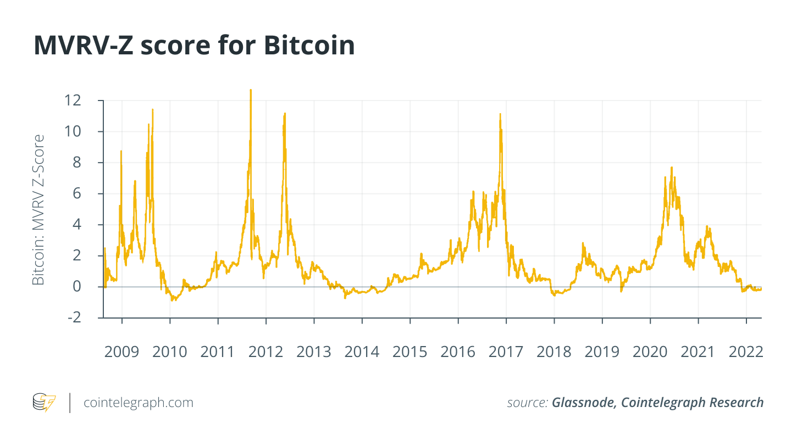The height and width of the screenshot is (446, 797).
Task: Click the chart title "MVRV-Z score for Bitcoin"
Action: tap(194, 46)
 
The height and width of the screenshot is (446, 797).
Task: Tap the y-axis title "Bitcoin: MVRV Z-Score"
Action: tap(38, 209)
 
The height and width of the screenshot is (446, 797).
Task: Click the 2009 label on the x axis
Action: tap(121, 352)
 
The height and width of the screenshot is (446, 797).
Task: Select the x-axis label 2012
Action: tap(266, 352)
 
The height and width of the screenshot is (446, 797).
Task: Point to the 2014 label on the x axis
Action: tap(362, 352)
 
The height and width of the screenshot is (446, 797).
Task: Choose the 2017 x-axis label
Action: tap(506, 352)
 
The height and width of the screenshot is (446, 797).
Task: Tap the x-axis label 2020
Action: tap(650, 352)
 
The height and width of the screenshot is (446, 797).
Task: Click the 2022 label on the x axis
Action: tap(746, 352)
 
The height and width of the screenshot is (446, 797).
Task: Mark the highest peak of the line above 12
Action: tap(251, 90)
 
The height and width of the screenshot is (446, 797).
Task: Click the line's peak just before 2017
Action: tap(500, 114)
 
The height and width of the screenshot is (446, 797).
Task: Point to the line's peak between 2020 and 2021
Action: tap(671, 168)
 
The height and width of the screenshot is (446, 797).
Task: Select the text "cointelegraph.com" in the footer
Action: tap(139, 403)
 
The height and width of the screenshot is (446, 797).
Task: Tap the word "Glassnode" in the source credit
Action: tap(584, 403)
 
